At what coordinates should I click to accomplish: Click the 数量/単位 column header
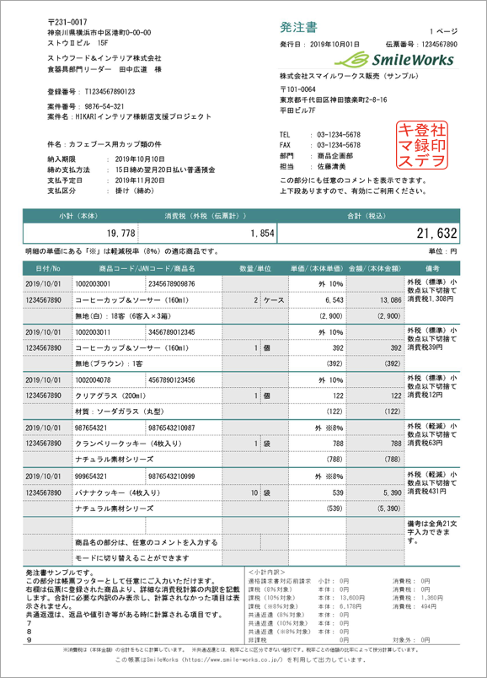[255, 268]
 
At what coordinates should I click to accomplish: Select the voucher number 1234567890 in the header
[432, 44]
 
